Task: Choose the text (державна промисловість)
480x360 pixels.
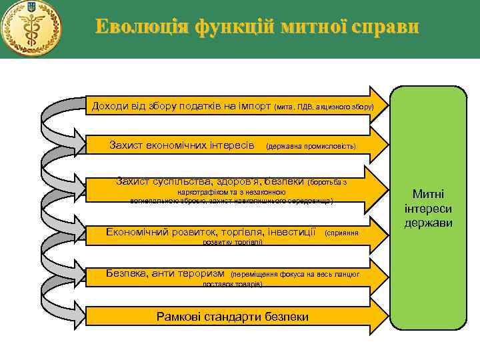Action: tap(311, 145)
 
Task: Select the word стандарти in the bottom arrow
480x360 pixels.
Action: tap(233, 317)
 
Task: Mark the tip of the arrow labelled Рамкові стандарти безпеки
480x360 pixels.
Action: tap(386, 316)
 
